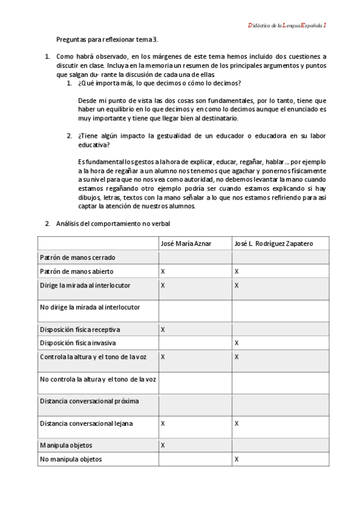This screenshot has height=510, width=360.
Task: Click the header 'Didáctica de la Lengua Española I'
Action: click(287, 25)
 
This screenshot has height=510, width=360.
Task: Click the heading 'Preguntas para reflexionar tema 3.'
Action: click(107, 40)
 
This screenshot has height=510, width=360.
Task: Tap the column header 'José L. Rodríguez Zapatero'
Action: click(273, 243)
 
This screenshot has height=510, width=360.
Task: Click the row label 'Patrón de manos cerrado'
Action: click(78, 257)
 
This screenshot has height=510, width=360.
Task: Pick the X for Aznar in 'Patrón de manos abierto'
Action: click(163, 271)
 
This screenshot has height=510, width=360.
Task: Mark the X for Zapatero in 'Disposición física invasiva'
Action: click(237, 343)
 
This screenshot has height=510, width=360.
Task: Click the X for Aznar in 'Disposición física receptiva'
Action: click(163, 329)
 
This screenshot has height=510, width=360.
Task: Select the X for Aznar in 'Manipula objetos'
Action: click(163, 445)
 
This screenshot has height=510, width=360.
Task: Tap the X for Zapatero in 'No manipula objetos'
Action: click(237, 459)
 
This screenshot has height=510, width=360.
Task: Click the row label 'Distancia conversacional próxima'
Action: click(90, 401)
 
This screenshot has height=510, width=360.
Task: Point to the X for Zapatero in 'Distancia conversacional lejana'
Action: click(237, 423)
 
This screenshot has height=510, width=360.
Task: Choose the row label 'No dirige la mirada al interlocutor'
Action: click(90, 307)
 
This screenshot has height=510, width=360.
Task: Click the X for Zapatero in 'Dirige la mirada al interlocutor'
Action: click(237, 285)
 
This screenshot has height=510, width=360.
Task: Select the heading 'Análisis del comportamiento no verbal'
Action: click(113, 224)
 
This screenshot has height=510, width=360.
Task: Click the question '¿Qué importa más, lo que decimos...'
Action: click(159, 82)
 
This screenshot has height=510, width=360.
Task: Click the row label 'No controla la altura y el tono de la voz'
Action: click(98, 379)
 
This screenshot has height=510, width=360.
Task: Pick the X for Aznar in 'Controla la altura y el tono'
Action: click(163, 357)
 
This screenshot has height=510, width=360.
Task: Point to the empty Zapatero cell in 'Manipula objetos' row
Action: click(280, 445)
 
